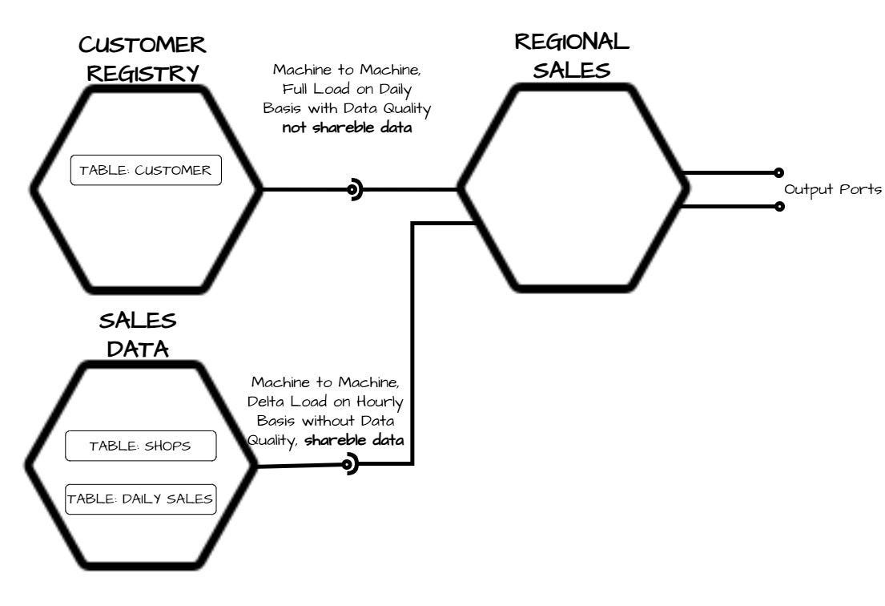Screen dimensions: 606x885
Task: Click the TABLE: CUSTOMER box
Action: point(146,170)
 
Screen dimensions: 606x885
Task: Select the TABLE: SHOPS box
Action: point(140,446)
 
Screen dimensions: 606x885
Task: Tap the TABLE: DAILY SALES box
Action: point(140,499)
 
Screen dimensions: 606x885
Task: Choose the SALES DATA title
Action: point(138,335)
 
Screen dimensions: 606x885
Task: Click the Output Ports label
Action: point(832,190)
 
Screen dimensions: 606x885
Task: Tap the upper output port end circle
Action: point(778,172)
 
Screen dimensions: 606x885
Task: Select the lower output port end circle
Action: point(778,206)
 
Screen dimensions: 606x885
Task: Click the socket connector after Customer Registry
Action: point(353,190)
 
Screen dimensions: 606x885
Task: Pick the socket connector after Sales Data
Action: point(349,464)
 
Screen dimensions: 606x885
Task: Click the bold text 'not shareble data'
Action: point(347,128)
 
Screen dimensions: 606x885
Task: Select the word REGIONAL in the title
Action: point(572,40)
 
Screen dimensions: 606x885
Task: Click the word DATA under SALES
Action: point(138,349)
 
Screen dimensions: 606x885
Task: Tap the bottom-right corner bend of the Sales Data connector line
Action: point(412,463)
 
